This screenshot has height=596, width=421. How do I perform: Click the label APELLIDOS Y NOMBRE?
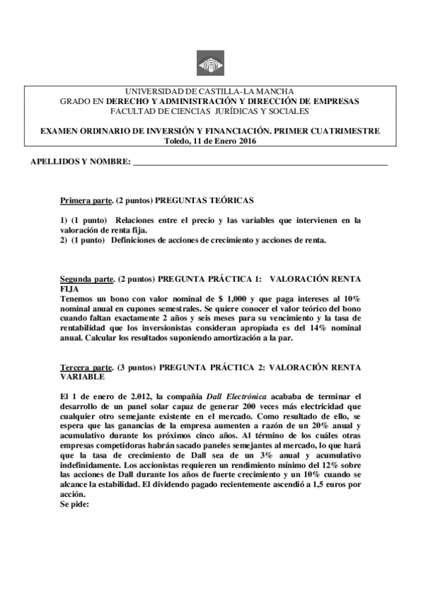[81, 162]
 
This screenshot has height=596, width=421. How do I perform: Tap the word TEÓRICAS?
[231, 200]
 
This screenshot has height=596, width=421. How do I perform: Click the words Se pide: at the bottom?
[75, 504]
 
